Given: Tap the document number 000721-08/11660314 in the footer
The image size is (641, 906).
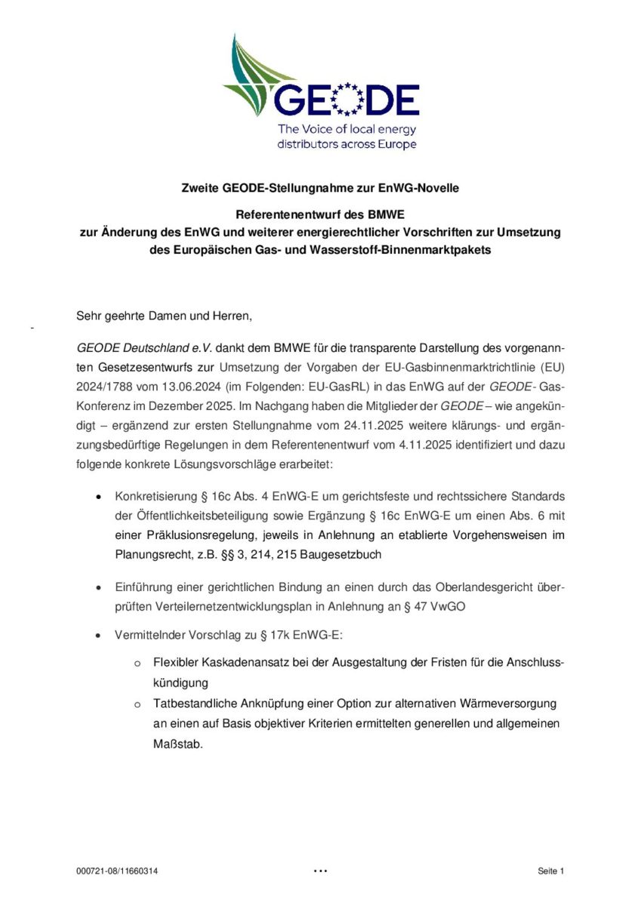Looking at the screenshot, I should pyautogui.click(x=117, y=871).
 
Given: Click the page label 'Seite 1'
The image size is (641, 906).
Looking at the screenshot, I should pyautogui.click(x=551, y=871).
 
